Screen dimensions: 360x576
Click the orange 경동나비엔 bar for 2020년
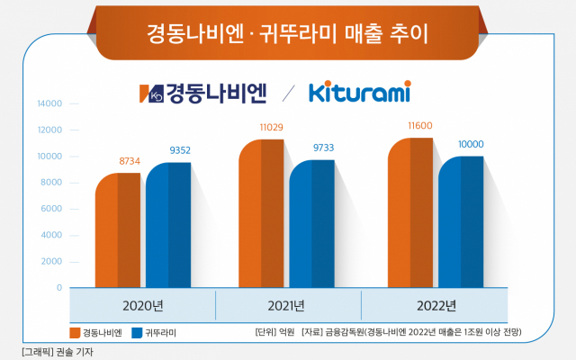pyautogui.click(x=117, y=229)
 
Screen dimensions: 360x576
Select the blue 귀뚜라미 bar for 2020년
pyautogui.click(x=167, y=225)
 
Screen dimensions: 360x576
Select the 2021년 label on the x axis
pyautogui.click(x=288, y=303)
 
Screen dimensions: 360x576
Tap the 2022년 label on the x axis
pyautogui.click(x=437, y=303)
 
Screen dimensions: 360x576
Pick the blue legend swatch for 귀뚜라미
pyautogui.click(x=137, y=333)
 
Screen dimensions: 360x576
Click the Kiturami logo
pyautogui.click(x=359, y=92)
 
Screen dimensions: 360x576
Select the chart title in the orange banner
pyautogui.click(x=288, y=33)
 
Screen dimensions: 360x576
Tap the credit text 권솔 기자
pyautogui.click(x=73, y=352)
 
